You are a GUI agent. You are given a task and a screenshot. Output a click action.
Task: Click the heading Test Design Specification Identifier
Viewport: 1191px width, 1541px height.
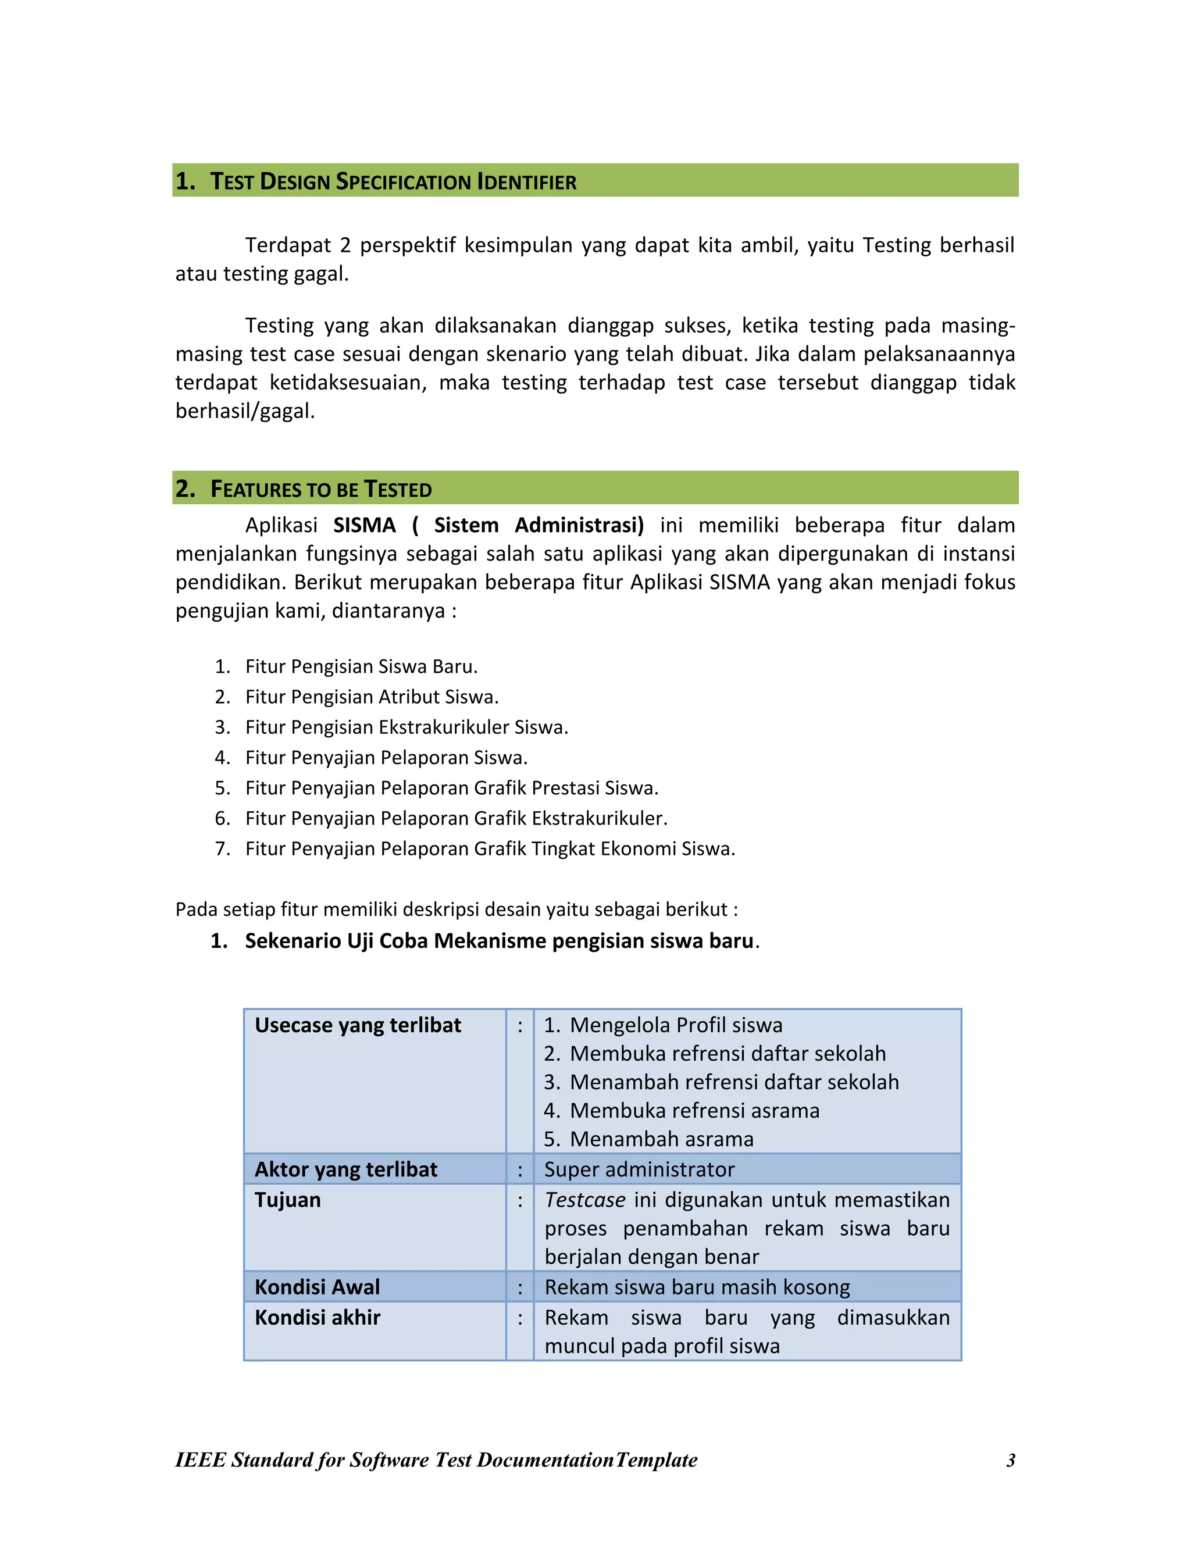click(393, 181)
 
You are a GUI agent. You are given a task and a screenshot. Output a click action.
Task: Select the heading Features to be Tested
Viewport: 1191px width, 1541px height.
click(321, 489)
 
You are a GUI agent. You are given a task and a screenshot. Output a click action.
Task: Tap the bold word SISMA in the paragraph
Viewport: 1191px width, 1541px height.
click(364, 526)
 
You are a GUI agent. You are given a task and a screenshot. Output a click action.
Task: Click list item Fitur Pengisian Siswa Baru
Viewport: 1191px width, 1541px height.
click(361, 667)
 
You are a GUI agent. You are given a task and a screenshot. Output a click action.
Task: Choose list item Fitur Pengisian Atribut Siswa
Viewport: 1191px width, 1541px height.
click(372, 697)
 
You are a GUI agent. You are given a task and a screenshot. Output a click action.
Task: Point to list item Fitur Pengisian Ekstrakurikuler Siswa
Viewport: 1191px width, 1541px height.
click(406, 727)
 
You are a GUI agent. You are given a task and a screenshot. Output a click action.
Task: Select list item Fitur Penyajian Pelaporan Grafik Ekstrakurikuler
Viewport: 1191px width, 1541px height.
click(456, 819)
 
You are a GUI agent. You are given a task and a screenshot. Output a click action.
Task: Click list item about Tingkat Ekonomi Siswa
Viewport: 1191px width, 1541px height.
click(490, 849)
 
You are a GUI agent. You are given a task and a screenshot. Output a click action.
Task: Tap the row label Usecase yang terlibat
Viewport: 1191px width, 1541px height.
click(358, 1025)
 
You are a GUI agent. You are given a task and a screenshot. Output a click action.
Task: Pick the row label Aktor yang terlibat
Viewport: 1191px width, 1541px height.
click(346, 1170)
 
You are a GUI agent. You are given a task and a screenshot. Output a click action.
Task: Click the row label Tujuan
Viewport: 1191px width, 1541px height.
click(288, 1200)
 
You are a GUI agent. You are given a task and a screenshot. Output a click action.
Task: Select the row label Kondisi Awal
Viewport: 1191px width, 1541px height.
click(318, 1287)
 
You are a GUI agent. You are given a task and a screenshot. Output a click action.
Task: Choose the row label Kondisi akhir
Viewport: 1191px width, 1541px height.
click(318, 1318)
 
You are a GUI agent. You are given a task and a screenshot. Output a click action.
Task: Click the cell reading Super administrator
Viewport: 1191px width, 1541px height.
click(639, 1170)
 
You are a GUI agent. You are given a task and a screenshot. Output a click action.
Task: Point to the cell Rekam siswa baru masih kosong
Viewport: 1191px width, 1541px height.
click(697, 1287)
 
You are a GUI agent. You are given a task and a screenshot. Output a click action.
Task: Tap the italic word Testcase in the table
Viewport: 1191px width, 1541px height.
click(585, 1200)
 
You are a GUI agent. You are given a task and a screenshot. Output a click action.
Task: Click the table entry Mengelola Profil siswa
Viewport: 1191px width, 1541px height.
click(676, 1025)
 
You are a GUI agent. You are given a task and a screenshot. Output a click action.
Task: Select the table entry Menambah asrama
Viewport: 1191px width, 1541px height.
click(661, 1140)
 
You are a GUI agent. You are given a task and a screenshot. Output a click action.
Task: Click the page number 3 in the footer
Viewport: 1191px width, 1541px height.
click(1010, 1461)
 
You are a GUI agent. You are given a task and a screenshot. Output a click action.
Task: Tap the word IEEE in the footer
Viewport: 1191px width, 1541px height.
click(199, 1461)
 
